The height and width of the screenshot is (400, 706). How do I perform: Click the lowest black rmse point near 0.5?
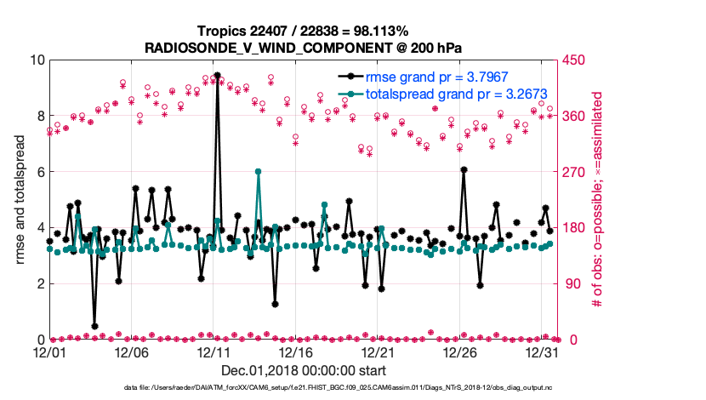pos(94,326)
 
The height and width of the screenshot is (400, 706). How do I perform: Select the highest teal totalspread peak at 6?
pos(258,172)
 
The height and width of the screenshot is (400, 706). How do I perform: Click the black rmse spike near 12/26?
pos(464,170)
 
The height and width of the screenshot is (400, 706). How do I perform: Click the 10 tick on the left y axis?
pos(37,60)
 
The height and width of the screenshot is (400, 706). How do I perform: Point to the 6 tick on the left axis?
pos(39,172)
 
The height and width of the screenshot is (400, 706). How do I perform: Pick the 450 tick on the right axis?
pos(570,60)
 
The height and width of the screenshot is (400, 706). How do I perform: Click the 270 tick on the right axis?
pos(570,172)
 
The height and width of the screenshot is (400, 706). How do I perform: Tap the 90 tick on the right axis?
pos(567,283)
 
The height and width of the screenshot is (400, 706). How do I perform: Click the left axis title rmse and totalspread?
pos(20,199)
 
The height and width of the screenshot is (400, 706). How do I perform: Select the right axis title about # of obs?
pos(597,199)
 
